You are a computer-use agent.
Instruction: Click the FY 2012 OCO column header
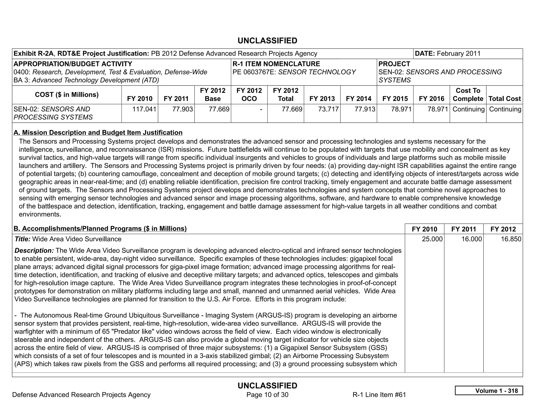click(x=249, y=95)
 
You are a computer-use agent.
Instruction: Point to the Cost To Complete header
click(x=468, y=95)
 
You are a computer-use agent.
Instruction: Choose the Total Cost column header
click(x=504, y=99)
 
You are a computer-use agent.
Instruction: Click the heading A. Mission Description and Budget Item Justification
click(x=98, y=133)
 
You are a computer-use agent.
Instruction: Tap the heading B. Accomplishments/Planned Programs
click(x=100, y=229)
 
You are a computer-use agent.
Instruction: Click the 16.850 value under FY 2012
click(x=511, y=239)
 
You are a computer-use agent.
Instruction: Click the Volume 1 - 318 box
click(x=489, y=391)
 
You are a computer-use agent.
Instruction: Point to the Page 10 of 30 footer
click(x=267, y=395)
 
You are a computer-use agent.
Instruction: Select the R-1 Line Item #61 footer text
click(x=379, y=395)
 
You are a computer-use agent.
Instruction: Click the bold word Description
click(x=34, y=251)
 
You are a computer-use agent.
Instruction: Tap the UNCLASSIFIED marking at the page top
click(x=267, y=41)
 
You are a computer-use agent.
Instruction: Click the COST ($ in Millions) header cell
click(x=67, y=95)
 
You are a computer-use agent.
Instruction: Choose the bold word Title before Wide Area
click(x=22, y=239)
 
